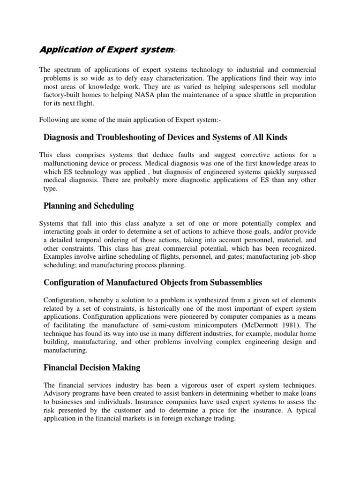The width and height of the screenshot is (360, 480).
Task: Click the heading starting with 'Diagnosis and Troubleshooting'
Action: [x=165, y=137]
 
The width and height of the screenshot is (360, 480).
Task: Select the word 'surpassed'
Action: [x=300, y=172]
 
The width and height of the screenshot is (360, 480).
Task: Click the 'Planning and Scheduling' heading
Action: [x=89, y=205]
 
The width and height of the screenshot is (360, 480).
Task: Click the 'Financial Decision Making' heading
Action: [x=92, y=367]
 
